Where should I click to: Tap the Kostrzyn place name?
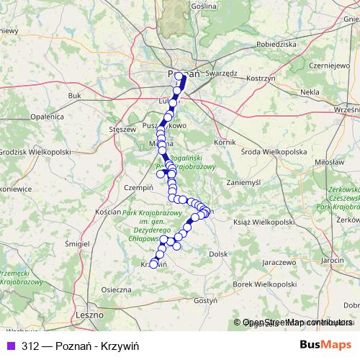pos(261,77)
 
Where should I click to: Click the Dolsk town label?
pos(218,253)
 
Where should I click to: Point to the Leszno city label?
pos(90,315)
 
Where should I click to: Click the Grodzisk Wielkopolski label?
pos(35,152)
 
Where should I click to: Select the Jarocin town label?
pos(333,259)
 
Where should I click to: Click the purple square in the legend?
pos(10,345)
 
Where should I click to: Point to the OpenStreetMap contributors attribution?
pos(297,323)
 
